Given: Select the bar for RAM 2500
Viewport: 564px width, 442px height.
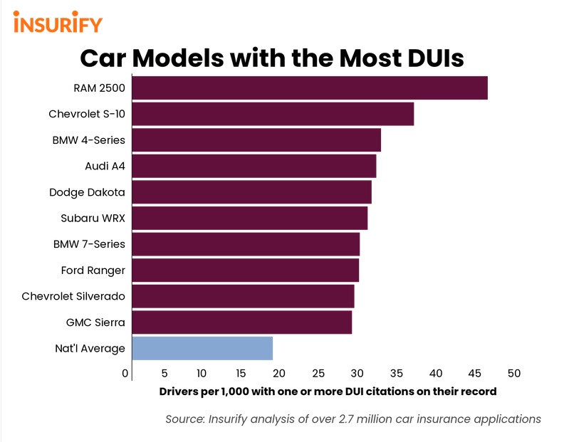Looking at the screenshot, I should pyautogui.click(x=310, y=88).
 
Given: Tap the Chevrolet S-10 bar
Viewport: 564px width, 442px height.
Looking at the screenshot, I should pyautogui.click(x=273, y=114).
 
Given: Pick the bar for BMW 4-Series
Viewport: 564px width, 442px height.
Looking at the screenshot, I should pyautogui.click(x=256, y=140).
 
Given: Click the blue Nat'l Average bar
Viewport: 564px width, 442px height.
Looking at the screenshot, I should pyautogui.click(x=202, y=348).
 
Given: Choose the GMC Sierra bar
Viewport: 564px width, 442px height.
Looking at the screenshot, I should pyautogui.click(x=241, y=322).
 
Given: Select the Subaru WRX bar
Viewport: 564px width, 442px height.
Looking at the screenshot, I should pyautogui.click(x=249, y=219).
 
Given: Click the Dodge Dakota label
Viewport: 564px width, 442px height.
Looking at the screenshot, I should pyautogui.click(x=87, y=192).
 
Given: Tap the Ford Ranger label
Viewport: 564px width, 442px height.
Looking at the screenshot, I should pyautogui.click(x=93, y=270).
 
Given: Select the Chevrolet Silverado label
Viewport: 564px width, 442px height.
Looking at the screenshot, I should pyautogui.click(x=73, y=296).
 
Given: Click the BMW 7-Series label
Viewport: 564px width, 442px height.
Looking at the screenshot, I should pyautogui.click(x=89, y=244).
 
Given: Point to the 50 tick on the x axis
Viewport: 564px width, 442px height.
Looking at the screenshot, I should pyautogui.click(x=514, y=373).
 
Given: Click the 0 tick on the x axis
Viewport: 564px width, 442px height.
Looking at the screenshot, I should pyautogui.click(x=126, y=373).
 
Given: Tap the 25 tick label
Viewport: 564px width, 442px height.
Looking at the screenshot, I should pyautogui.click(x=318, y=373).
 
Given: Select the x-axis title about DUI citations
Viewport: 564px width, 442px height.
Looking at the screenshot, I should pyautogui.click(x=327, y=391).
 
